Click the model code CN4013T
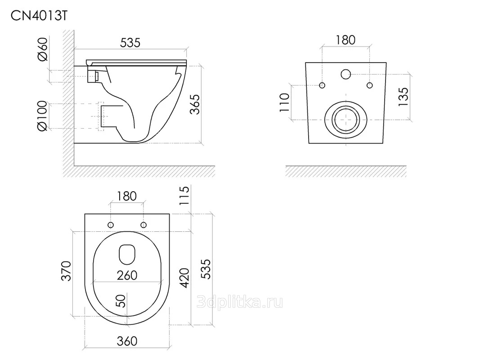[x=39, y=16]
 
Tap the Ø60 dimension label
[x=43, y=49]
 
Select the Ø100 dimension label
[x=43, y=116]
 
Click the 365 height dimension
[x=194, y=104]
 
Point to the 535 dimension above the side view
[x=130, y=43]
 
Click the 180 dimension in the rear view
[x=345, y=40]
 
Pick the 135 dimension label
[x=403, y=97]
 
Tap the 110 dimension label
[x=284, y=103]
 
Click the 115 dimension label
[x=184, y=196]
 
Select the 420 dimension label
[x=184, y=278]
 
